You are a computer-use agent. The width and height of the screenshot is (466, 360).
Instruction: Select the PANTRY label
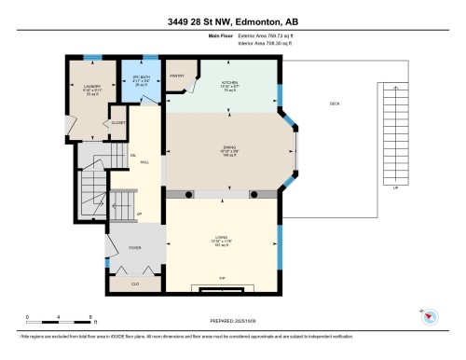[x=175, y=75]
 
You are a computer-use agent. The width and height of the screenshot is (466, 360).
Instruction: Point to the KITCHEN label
[x=229, y=82]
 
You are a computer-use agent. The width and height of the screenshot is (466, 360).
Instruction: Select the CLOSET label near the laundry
[x=118, y=122]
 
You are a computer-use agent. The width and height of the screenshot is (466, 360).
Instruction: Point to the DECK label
[x=335, y=104]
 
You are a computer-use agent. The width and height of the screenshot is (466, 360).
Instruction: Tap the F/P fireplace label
[x=221, y=279]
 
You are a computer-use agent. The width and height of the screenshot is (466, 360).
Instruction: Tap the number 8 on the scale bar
[x=89, y=317]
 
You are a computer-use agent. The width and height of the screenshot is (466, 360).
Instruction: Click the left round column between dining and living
[x=187, y=194]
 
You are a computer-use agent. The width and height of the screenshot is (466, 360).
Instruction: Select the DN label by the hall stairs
[x=133, y=154]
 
